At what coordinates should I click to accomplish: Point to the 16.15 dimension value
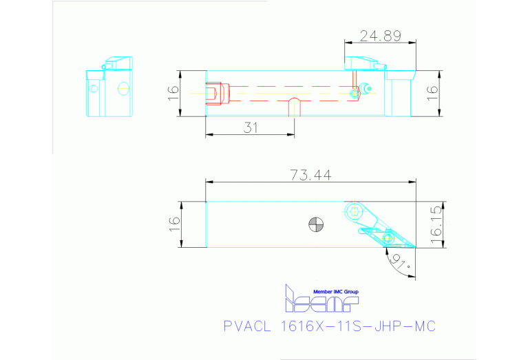(x=435, y=225)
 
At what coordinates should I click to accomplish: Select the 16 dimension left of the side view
(x=173, y=92)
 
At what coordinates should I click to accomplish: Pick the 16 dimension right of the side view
(x=432, y=92)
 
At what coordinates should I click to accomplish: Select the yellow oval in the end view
(x=123, y=88)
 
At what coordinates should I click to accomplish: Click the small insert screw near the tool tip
(x=388, y=238)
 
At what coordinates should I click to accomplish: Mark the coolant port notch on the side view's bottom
(x=294, y=108)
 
